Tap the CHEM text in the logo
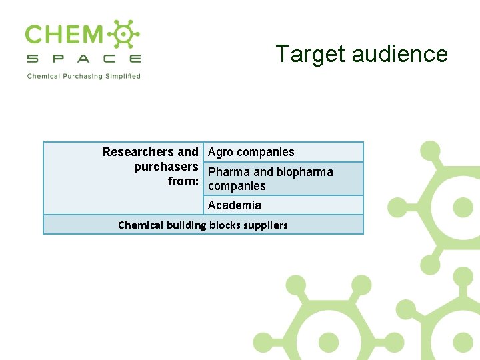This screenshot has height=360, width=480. click(x=64, y=35)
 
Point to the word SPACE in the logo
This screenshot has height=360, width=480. click(x=83, y=59)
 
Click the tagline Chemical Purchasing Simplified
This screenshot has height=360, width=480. click(x=83, y=76)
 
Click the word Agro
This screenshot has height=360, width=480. click(x=221, y=152)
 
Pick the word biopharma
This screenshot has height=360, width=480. click(x=305, y=172)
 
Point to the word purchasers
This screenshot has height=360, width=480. click(x=166, y=167)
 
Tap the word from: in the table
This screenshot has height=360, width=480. click(x=183, y=181)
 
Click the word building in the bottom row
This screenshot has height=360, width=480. click(x=186, y=225)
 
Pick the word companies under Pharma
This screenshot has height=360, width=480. click(x=237, y=186)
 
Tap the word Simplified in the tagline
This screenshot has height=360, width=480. click(x=123, y=76)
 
